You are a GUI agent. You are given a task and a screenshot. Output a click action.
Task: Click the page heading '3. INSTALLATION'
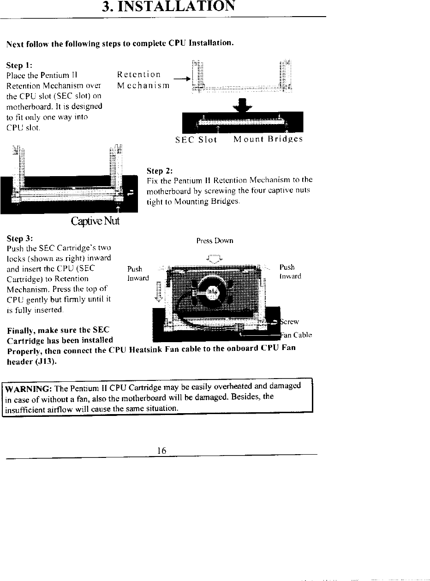point(170,7)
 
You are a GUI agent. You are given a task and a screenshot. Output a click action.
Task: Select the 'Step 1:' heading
point(19,65)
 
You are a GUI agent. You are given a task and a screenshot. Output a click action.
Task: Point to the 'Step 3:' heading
point(20,239)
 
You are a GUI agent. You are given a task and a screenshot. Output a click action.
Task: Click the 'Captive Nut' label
point(95,221)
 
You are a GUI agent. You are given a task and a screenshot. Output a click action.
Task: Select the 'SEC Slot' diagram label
point(196,140)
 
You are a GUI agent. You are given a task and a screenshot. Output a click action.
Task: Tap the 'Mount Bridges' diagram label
point(268,140)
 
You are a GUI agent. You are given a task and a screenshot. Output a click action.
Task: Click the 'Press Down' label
point(215,241)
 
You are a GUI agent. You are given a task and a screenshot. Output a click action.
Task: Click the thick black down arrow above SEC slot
point(242,104)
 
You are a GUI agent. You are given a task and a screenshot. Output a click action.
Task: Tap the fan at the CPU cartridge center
point(211,291)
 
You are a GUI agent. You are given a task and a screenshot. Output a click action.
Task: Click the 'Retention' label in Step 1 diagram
point(139,75)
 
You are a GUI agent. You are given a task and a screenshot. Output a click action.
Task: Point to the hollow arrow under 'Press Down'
point(215,259)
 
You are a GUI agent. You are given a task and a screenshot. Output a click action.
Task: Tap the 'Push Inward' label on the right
point(290,272)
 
